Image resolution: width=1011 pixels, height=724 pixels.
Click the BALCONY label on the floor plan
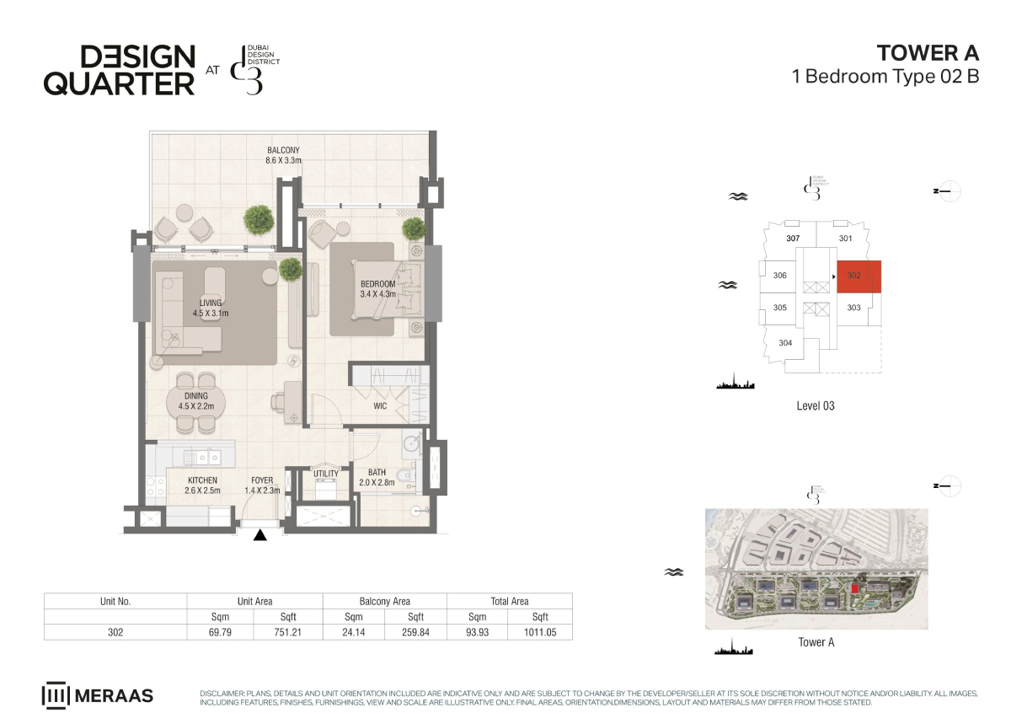(x=283, y=150)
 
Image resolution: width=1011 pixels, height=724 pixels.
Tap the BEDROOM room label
(x=377, y=284)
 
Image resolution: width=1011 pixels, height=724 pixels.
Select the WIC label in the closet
(x=380, y=406)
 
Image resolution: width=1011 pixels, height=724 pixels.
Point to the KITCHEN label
(x=203, y=480)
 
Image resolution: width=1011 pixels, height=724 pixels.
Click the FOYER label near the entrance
(x=262, y=480)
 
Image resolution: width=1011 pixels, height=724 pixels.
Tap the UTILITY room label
(x=326, y=474)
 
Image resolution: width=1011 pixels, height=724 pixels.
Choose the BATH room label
(x=377, y=473)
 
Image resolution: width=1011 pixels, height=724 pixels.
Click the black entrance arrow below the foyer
(x=260, y=535)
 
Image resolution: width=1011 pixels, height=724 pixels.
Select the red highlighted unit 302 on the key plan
(x=859, y=276)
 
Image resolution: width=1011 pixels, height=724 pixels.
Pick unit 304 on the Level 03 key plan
(x=785, y=343)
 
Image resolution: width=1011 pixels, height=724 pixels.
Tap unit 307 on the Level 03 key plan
(x=793, y=238)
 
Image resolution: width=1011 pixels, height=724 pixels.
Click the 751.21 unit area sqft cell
(x=288, y=632)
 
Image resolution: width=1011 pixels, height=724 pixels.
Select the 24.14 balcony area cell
(x=353, y=632)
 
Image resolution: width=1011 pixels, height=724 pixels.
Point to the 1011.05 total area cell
(x=540, y=632)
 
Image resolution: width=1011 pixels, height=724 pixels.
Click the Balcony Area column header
(x=385, y=601)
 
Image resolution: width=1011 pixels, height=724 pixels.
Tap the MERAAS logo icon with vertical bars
(x=56, y=695)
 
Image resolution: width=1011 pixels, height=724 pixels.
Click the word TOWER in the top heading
(x=908, y=53)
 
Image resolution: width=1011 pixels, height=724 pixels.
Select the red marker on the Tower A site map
(x=854, y=588)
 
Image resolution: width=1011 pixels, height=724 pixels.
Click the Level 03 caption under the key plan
(x=816, y=405)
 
